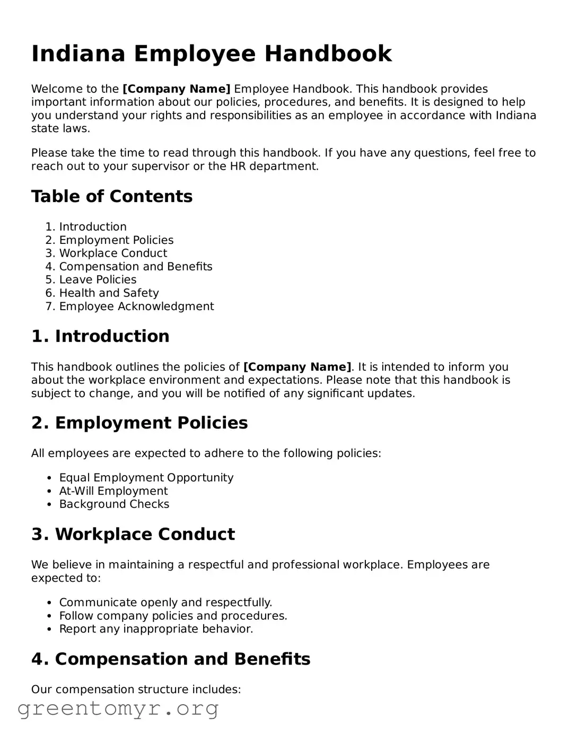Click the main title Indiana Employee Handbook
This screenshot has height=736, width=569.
pos(212,54)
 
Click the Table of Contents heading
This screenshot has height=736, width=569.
pos(112,196)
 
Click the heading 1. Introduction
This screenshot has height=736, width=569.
pos(100,336)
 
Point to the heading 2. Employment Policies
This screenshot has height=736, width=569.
pos(139,423)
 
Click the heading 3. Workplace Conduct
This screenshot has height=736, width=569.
pos(133,534)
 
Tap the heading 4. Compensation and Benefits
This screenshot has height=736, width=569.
pos(171,659)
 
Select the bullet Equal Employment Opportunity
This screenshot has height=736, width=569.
pos(146,478)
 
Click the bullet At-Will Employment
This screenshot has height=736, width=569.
pos(113,491)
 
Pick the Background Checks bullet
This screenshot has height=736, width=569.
pos(114,504)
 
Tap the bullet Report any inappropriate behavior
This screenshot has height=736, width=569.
pos(156,629)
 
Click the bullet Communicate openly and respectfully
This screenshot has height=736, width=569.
pos(165,602)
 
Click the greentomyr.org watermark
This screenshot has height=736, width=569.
pos(118,708)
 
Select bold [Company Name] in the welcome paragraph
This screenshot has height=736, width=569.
pos(177,89)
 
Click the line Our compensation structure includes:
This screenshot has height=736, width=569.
pos(136,689)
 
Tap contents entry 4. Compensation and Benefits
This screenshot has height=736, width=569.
pos(135,267)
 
